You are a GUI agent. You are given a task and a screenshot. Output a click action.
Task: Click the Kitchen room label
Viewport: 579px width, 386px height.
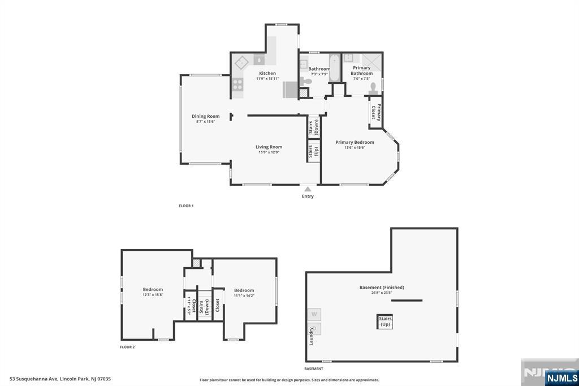[267, 74]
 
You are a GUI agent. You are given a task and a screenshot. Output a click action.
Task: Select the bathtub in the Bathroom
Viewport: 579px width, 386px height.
[334, 68]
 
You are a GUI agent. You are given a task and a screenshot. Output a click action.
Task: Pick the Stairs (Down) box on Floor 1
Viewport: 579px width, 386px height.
[313, 126]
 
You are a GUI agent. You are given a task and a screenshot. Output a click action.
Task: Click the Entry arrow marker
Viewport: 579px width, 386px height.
[308, 189]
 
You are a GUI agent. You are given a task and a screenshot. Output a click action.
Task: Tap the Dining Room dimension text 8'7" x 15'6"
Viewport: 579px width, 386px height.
[205, 122]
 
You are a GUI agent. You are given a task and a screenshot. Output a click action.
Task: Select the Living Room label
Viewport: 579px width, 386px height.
[269, 147]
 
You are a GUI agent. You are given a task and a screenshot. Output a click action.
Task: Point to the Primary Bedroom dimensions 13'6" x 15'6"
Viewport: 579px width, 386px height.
[355, 148]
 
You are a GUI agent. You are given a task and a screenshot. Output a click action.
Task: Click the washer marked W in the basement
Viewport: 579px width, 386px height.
[314, 314]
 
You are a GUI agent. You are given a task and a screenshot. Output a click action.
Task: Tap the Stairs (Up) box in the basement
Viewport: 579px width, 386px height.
[385, 322]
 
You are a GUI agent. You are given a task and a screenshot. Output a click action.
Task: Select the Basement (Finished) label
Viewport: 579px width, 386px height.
[382, 288]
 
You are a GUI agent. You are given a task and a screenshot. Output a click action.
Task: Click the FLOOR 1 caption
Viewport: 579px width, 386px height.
[186, 206]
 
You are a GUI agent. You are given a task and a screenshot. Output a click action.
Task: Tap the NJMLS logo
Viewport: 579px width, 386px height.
[561, 378]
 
